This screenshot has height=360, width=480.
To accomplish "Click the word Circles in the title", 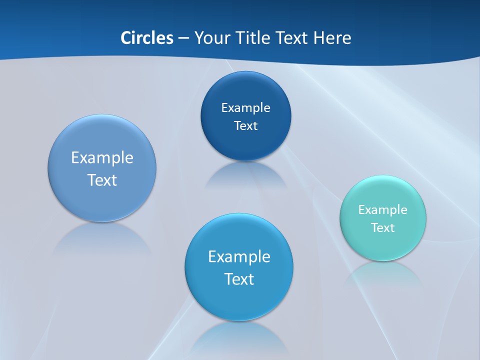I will coord(147,38).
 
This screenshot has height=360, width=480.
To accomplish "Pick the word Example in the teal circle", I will coord(383,210).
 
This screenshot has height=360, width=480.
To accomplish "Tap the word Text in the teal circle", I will coord(383,228).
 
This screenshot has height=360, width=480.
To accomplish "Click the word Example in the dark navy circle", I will coord(245,108).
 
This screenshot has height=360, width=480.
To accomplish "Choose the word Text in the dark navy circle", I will coord(245,126).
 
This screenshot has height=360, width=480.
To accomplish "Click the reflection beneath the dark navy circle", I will coord(245,175).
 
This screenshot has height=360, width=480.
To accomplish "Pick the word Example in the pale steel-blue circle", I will coord(102,158).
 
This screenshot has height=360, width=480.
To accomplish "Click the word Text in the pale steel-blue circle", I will coord(102,180).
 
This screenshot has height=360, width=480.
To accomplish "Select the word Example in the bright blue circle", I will coord(239,257).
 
